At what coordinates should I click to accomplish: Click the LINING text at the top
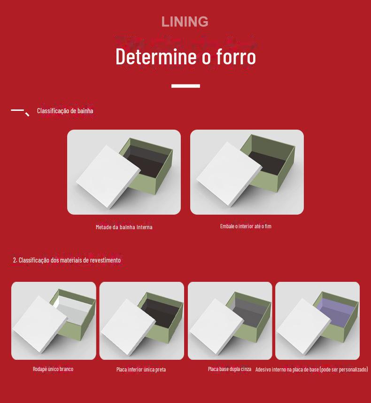click(x=185, y=22)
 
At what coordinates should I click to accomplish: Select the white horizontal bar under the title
click(x=185, y=86)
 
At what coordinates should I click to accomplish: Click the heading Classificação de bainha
click(x=65, y=111)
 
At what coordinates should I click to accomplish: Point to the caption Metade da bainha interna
click(x=124, y=227)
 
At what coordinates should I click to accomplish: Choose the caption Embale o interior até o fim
click(x=246, y=226)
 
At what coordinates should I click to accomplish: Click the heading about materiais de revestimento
click(x=67, y=260)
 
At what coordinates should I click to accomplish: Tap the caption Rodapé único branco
click(x=53, y=369)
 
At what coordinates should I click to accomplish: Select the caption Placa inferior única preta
click(x=141, y=370)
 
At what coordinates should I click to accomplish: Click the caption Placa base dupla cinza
click(x=230, y=369)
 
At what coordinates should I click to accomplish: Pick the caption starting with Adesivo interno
click(x=312, y=369)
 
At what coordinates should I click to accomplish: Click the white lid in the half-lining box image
click(x=108, y=176)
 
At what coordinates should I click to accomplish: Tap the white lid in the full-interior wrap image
click(x=229, y=173)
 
